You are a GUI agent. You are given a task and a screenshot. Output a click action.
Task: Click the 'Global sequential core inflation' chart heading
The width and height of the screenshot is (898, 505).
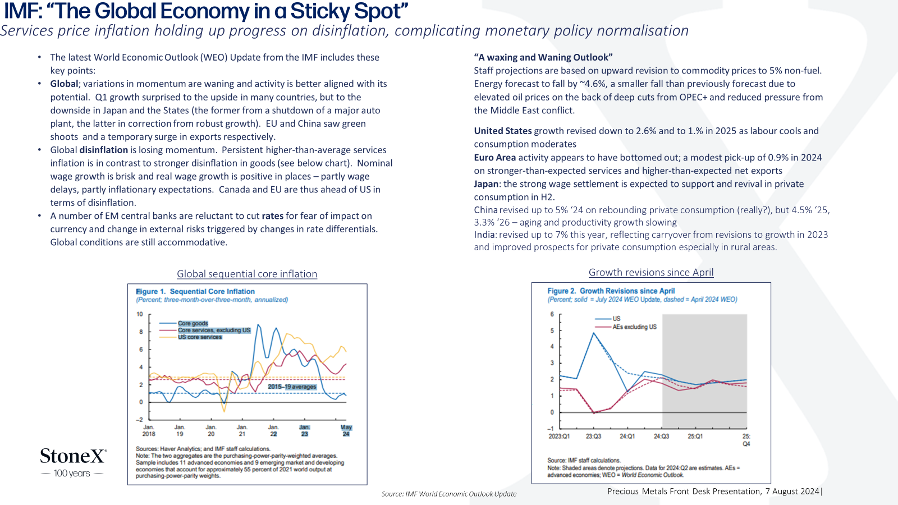pos(247,274)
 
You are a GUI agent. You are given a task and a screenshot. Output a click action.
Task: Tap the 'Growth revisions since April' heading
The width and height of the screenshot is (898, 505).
pos(651,272)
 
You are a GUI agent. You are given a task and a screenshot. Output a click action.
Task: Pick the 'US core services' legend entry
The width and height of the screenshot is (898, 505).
pos(191,337)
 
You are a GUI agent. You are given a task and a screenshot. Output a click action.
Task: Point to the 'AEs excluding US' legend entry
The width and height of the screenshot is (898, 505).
pos(626,327)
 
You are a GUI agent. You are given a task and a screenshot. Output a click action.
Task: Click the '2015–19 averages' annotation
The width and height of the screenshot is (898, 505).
pos(292,387)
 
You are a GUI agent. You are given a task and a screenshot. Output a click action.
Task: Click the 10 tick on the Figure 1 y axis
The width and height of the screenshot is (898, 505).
pos(140,314)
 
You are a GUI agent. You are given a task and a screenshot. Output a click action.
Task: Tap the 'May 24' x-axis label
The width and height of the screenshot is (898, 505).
pos(346,430)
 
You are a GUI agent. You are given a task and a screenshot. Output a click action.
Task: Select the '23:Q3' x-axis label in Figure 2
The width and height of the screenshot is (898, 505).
pos(593,436)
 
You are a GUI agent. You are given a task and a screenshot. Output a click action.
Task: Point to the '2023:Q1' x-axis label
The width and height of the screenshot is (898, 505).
pos(559,436)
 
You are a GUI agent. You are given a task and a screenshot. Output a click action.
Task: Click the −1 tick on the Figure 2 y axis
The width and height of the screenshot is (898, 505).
pos(551,429)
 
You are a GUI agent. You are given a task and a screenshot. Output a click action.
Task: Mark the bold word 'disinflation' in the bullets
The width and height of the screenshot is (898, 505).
pos(103,150)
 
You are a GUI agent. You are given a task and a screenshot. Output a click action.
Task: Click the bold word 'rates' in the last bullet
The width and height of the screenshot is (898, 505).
pos(273,216)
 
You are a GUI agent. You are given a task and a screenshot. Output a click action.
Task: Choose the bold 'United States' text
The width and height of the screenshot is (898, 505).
pos(503,131)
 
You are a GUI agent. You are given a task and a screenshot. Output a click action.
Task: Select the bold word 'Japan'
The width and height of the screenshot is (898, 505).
pos(486,184)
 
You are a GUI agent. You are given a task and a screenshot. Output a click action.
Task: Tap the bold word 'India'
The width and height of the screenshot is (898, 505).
pos(484,235)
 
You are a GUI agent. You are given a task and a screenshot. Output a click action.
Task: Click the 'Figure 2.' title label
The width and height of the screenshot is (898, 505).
pos(562,291)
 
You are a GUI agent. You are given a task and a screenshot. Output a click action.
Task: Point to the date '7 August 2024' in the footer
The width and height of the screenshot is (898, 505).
pos(792,492)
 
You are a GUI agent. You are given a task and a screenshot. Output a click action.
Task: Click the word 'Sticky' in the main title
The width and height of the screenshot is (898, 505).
pos(320,11)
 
